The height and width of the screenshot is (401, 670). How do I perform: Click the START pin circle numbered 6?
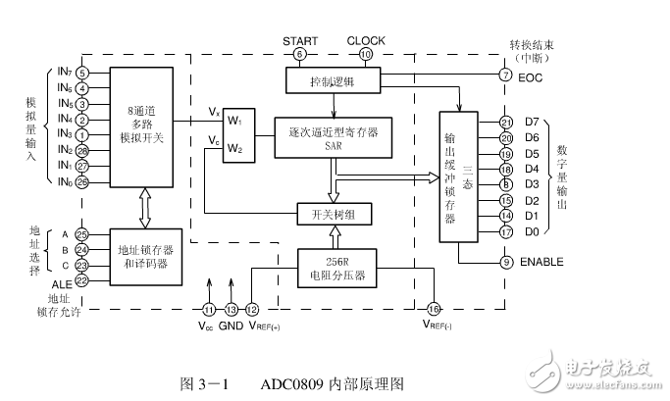pos(299,54)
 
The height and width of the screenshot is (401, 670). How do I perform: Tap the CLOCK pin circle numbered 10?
pos(366,54)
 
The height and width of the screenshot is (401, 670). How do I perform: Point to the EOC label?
pos(531,75)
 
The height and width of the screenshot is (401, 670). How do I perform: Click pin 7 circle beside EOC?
pos(506,75)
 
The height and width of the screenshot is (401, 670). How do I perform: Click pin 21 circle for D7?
pos(506,123)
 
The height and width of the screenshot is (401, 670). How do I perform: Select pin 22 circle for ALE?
pos(81,280)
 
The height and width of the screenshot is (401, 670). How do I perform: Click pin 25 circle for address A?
pos(81,234)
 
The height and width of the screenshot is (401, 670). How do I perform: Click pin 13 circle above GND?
pos(231,309)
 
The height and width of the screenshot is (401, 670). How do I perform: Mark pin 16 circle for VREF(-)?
pos(434,309)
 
